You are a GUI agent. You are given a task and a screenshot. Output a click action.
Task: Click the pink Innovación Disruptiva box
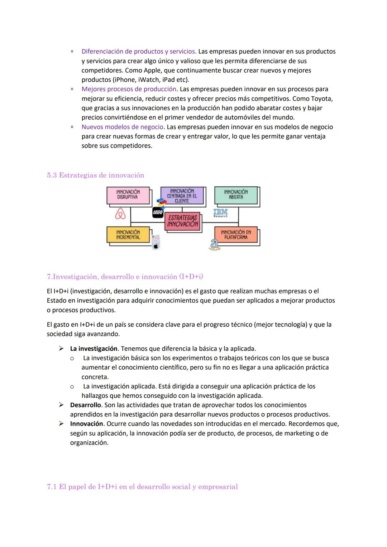[128, 196]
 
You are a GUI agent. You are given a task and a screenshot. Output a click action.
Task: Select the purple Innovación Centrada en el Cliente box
[182, 196]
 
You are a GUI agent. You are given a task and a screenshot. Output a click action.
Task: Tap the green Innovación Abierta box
[236, 195]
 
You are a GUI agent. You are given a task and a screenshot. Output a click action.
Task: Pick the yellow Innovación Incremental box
[128, 235]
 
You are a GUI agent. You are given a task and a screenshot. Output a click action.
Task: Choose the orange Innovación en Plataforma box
[236, 235]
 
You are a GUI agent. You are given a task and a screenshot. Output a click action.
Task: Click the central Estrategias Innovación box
[183, 221]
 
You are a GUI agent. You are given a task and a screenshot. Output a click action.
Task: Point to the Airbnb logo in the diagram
[120, 214]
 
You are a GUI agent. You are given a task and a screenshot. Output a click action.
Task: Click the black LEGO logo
[158, 212]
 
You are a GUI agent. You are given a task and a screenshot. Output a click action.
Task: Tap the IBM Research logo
[220, 213]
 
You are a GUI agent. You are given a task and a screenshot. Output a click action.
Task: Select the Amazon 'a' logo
[214, 245]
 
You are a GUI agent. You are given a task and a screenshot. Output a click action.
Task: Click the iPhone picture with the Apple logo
[156, 242]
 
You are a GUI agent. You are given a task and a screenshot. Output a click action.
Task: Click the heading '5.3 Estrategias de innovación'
[96, 175]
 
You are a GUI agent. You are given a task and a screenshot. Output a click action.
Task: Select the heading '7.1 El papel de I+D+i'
[142, 486]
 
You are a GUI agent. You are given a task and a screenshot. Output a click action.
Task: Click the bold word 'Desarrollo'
[86, 405]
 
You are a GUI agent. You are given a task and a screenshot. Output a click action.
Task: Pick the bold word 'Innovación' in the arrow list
[87, 424]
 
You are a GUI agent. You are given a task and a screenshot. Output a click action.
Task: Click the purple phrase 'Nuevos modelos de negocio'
[123, 127]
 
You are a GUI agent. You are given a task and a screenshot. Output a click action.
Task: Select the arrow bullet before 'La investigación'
[61, 349]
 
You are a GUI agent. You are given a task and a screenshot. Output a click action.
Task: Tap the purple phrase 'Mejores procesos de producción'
[129, 89]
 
